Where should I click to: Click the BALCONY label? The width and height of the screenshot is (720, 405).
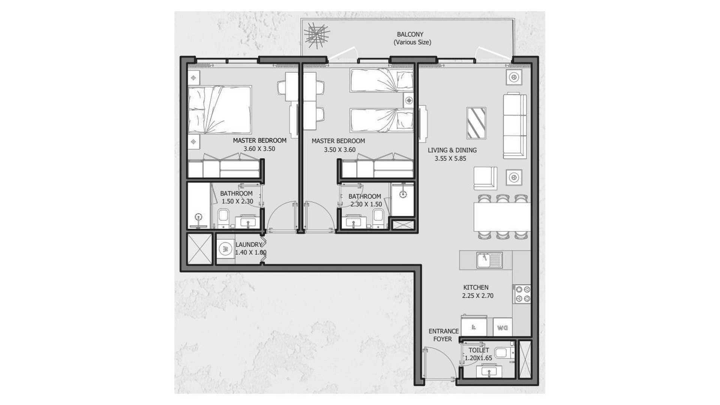click(410, 34)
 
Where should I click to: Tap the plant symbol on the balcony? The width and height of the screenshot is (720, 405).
click(317, 35)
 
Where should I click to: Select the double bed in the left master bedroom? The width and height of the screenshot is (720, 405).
click(219, 109)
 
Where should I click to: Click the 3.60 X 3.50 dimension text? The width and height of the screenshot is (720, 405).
click(259, 149)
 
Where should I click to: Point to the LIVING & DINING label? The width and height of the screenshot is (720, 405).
click(452, 150)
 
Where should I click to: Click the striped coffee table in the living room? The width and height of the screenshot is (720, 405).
click(476, 123)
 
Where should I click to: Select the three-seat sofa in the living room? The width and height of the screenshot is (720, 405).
click(514, 126)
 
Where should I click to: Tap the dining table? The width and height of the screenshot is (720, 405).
click(502, 217)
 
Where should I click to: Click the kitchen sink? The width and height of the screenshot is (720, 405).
click(489, 260)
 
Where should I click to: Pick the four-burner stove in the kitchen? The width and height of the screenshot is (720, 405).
click(522, 294)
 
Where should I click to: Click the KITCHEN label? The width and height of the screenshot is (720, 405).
click(476, 288)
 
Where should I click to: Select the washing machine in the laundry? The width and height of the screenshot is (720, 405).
click(225, 249)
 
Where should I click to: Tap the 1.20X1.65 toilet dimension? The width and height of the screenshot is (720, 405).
click(478, 358)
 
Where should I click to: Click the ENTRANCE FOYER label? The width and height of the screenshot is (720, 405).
click(444, 335)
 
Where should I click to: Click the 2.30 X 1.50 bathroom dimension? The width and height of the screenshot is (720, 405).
click(366, 205)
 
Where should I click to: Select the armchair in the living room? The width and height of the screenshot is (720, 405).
click(485, 178)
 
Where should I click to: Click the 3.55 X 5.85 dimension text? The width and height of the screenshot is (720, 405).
click(450, 159)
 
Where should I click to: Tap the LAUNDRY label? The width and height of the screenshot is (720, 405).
click(249, 245)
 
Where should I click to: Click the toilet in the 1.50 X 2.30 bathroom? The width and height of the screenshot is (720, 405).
click(223, 218)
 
